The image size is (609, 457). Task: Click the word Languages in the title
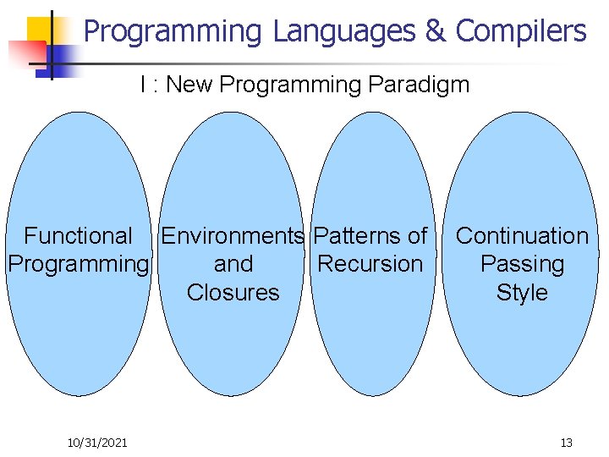(x=344, y=32)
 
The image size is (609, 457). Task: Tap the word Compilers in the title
(x=520, y=32)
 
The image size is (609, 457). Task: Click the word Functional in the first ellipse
(x=78, y=236)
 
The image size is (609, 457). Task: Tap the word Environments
(x=233, y=236)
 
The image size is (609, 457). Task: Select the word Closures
(x=233, y=293)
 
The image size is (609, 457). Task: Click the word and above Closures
(x=233, y=264)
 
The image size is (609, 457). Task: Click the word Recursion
(x=370, y=264)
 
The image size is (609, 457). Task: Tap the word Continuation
(x=522, y=236)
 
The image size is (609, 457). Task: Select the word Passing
(x=522, y=265)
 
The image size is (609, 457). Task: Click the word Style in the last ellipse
(x=522, y=293)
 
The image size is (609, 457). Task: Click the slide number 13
(x=566, y=443)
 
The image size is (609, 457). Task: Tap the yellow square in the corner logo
(x=39, y=29)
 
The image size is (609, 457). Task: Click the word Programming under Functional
(x=78, y=264)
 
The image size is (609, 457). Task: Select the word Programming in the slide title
(x=173, y=32)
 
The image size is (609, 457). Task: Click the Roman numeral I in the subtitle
(x=144, y=85)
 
